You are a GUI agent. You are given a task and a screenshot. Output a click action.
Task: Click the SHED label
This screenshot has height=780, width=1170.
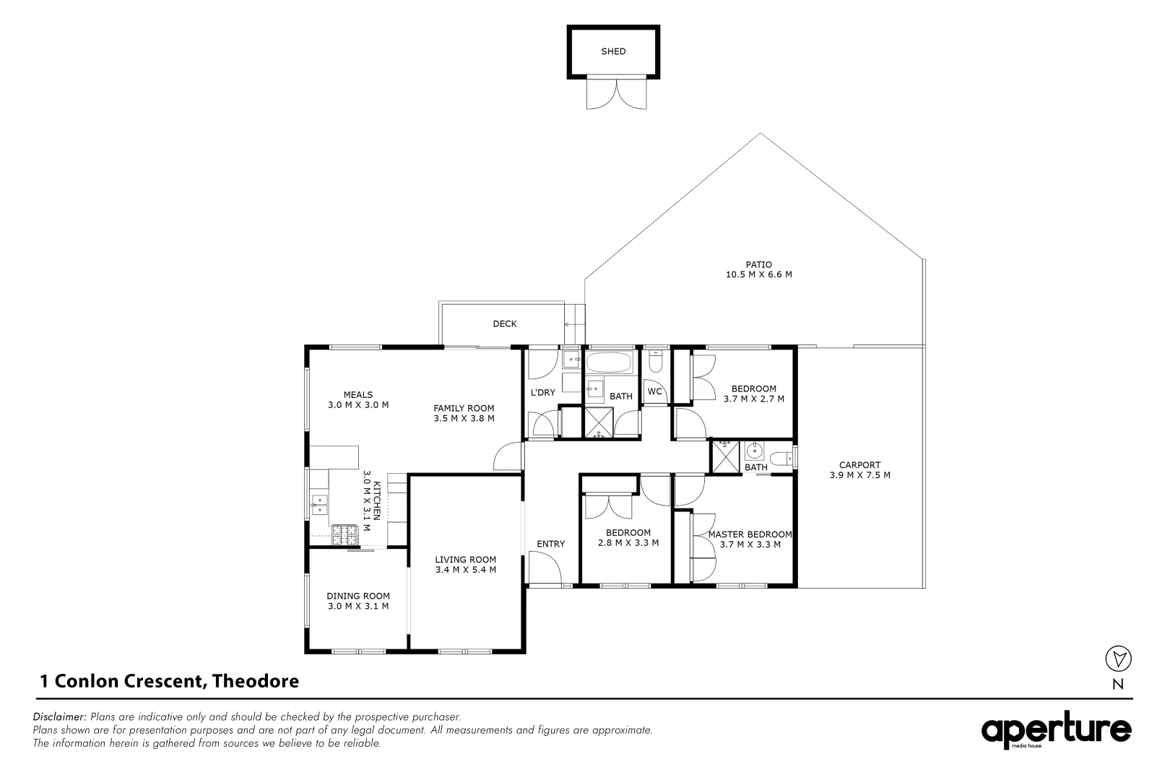pyautogui.click(x=613, y=51)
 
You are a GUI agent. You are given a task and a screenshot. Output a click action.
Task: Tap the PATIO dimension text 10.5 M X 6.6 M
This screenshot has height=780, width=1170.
pyautogui.click(x=759, y=274)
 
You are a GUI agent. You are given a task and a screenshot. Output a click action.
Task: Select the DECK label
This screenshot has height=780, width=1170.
pyautogui.click(x=504, y=324)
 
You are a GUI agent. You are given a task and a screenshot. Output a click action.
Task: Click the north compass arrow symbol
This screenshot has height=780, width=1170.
pyautogui.click(x=1118, y=658)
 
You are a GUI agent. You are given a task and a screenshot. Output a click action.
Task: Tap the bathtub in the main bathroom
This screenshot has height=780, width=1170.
pyautogui.click(x=609, y=363)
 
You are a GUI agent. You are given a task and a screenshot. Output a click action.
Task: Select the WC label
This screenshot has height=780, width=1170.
pyautogui.click(x=654, y=391)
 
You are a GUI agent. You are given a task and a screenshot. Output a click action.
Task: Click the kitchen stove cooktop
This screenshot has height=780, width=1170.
pyautogui.click(x=344, y=535)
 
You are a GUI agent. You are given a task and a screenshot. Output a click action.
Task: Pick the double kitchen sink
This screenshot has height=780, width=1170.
pyautogui.click(x=318, y=505)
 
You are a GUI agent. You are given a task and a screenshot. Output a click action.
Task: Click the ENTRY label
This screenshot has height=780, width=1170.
pyautogui.click(x=550, y=544)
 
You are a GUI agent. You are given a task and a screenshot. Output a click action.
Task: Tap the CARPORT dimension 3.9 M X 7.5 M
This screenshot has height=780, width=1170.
pyautogui.click(x=859, y=475)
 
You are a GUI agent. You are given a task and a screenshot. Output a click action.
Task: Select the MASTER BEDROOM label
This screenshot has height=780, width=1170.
pyautogui.click(x=750, y=534)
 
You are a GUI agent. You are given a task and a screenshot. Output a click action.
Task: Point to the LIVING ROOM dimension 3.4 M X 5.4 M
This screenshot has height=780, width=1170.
pyautogui.click(x=465, y=569)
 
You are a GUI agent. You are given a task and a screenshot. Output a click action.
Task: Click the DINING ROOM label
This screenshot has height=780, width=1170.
pyautogui.click(x=358, y=596)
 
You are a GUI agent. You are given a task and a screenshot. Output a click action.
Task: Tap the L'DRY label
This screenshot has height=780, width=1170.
pyautogui.click(x=542, y=392)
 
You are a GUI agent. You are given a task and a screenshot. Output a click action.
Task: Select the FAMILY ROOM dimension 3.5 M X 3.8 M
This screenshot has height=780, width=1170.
pyautogui.click(x=464, y=418)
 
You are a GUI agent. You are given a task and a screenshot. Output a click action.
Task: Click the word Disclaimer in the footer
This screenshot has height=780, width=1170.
pyautogui.click(x=59, y=717)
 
